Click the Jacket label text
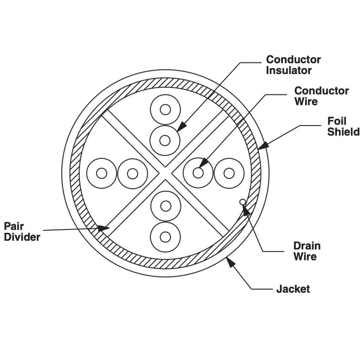point(293,289)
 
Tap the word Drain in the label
point(307,246)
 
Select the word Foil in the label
point(337,121)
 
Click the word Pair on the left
point(14,226)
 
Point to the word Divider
point(22,237)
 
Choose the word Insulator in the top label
point(289,70)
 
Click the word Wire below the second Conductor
point(306,101)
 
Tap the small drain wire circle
point(242,202)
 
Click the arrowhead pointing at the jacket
point(231,262)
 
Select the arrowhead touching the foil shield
point(263,145)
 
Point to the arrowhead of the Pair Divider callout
point(103,228)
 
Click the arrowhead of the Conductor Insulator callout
point(182,126)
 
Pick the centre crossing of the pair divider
point(165,173)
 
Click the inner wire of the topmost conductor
point(165,109)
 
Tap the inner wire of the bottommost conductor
point(165,237)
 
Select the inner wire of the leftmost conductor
point(102,173)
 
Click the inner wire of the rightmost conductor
point(229,173)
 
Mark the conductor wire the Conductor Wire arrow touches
point(198,173)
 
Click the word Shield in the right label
point(343,132)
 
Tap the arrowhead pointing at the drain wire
point(246,210)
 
